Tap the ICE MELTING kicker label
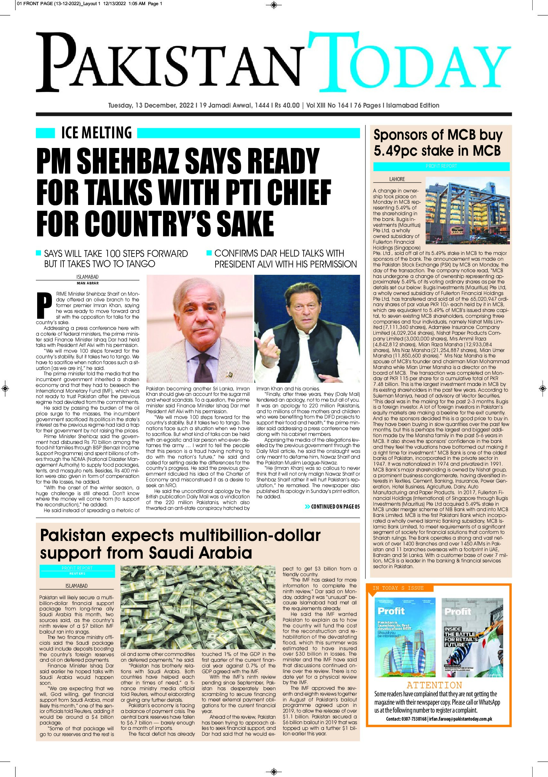(96, 133)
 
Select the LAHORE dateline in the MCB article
(397, 179)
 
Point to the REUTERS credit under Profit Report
(77, 574)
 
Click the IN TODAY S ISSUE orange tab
(398, 588)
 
